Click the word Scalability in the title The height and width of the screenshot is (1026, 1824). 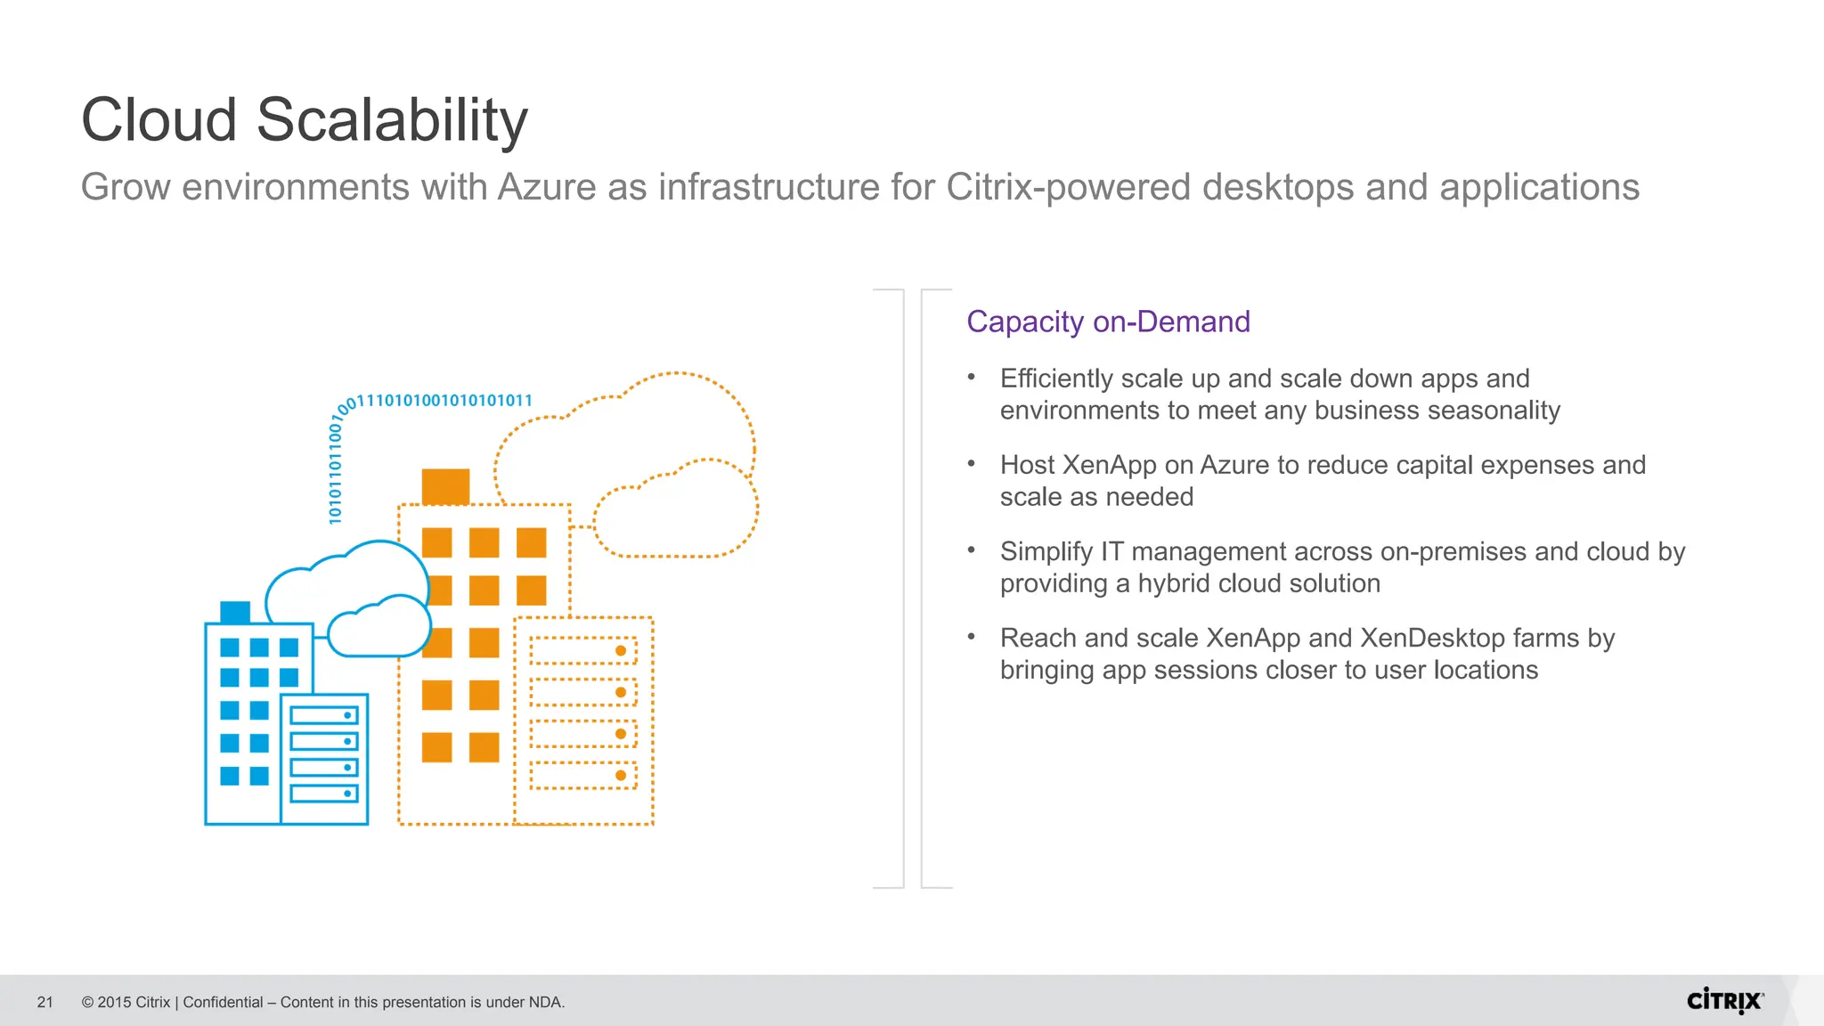[392, 120]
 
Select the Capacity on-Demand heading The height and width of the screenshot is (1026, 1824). [1108, 322]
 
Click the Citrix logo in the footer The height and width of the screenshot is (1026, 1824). [1724, 1001]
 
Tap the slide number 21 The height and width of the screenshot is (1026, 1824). [45, 1003]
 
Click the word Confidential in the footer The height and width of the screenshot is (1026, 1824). [223, 1003]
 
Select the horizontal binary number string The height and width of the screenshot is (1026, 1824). [444, 401]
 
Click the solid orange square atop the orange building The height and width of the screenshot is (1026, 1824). [445, 486]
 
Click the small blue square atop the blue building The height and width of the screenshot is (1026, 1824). [235, 612]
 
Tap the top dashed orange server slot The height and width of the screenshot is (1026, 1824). [583, 651]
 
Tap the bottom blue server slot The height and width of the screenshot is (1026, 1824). [324, 793]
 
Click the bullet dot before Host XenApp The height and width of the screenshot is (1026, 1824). [972, 464]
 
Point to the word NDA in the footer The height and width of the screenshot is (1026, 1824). [544, 1003]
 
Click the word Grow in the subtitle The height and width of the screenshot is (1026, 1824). [126, 188]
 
